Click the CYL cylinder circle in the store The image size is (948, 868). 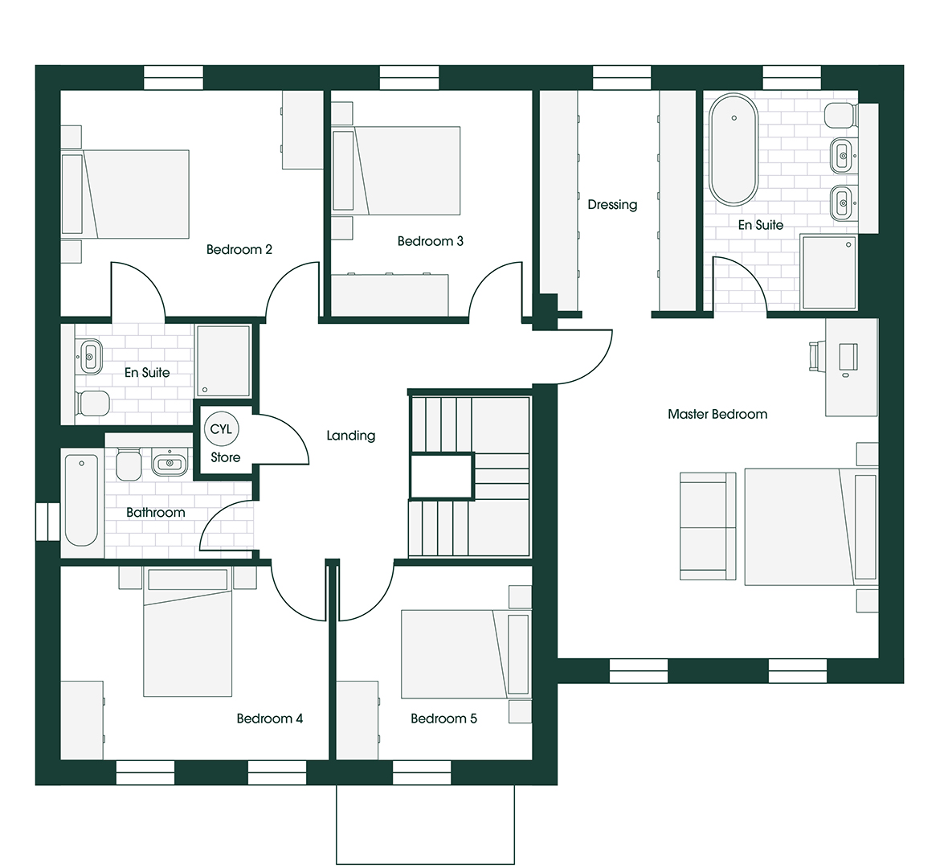click(x=221, y=429)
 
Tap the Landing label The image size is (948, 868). click(x=350, y=436)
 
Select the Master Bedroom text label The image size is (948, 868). click(x=717, y=414)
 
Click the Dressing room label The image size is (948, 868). click(x=612, y=205)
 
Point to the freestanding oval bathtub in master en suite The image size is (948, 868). click(x=733, y=150)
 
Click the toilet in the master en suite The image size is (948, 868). click(x=839, y=116)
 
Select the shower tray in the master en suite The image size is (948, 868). click(x=829, y=272)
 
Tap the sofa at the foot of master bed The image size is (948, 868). click(x=708, y=526)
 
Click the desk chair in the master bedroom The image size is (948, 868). click(x=815, y=356)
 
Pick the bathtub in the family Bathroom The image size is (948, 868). click(x=81, y=500)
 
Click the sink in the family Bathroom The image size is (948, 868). click(x=170, y=463)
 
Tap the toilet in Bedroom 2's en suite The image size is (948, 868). click(x=92, y=403)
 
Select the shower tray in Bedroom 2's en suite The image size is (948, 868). click(x=223, y=361)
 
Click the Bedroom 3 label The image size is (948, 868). click(x=430, y=241)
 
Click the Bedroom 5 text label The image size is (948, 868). click(x=443, y=719)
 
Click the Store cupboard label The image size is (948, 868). click(x=225, y=457)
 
